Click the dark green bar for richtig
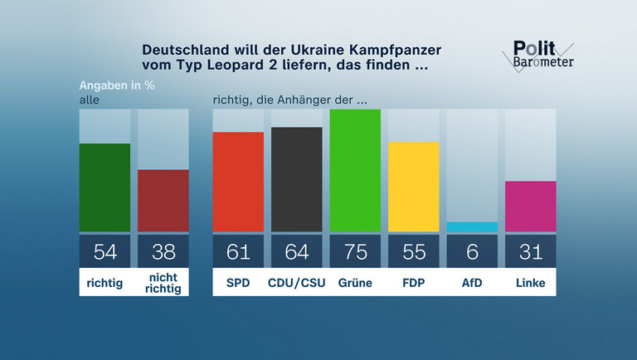tap(105, 187)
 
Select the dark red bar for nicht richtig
tap(163, 201)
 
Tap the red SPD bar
tap(238, 182)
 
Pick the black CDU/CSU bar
tap(296, 179)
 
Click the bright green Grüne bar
tap(355, 170)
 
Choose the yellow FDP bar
tap(413, 187)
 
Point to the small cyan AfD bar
tap(472, 226)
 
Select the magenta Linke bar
tap(530, 206)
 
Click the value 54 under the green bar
tap(105, 251)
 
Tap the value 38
tap(163, 251)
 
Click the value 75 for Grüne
tap(355, 251)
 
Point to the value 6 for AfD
tap(472, 251)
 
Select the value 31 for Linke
tap(530, 251)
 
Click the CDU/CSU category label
tap(296, 283)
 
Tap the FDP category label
tap(413, 283)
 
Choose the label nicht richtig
tap(163, 283)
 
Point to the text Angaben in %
tap(117, 85)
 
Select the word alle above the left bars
tap(89, 100)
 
